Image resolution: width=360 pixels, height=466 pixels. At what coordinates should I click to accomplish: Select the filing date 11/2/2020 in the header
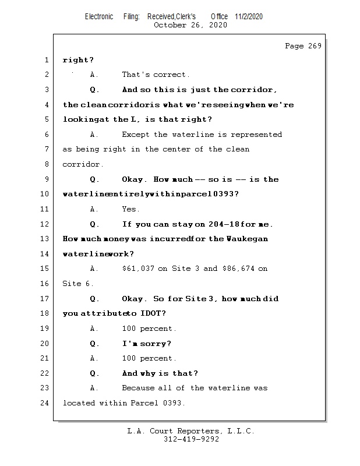click(249, 16)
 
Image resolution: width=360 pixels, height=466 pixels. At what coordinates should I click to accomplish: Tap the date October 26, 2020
click(190, 25)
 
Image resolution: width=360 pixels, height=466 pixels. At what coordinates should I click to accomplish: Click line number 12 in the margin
click(45, 224)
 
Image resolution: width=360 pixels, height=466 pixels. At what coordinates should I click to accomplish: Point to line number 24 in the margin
click(45, 403)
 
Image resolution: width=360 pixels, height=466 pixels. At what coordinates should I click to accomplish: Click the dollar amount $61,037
click(137, 269)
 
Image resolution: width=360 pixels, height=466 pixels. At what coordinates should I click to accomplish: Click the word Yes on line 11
click(130, 209)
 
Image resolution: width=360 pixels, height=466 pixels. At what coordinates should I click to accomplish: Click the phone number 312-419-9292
click(191, 439)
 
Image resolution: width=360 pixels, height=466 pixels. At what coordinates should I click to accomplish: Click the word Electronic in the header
click(99, 16)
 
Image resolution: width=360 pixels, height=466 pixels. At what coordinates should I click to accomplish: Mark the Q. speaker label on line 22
click(94, 373)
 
